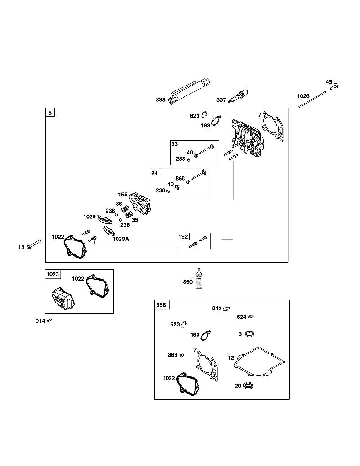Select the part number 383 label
pyautogui.click(x=161, y=100)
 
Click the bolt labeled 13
pyautogui.click(x=34, y=244)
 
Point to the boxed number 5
pyautogui.click(x=50, y=113)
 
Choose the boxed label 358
pyautogui.click(x=161, y=305)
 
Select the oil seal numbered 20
pyautogui.click(x=248, y=386)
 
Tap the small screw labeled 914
pyautogui.click(x=49, y=320)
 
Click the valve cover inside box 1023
pyautogui.click(x=63, y=298)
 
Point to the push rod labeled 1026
pyautogui.click(x=312, y=100)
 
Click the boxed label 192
pyautogui.click(x=183, y=236)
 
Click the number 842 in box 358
pyautogui.click(x=217, y=308)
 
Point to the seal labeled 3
pyautogui.click(x=249, y=334)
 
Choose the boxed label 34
pyautogui.click(x=155, y=173)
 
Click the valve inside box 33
pyautogui.click(x=207, y=149)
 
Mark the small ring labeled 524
pyautogui.click(x=250, y=317)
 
